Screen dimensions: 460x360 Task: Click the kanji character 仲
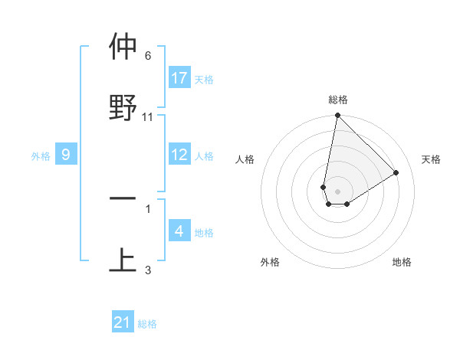tap(123, 47)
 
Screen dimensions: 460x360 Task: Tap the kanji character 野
tap(123, 106)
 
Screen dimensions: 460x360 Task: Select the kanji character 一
tap(123, 198)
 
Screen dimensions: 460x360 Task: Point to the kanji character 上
tap(123, 259)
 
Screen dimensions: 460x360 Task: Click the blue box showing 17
tap(179, 78)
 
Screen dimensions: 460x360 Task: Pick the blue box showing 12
tap(179, 155)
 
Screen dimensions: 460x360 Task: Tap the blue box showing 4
tap(179, 231)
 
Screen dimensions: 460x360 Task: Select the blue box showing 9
tap(66, 155)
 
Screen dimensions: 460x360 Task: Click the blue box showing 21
tap(123, 322)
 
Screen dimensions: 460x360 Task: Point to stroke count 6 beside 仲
tap(148, 56)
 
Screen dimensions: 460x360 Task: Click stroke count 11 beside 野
tap(148, 117)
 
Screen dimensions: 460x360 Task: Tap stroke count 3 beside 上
tap(148, 270)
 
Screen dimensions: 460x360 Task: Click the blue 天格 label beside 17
tap(204, 79)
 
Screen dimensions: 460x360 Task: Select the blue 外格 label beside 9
tap(41, 155)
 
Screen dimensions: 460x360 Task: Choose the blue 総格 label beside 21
tap(147, 324)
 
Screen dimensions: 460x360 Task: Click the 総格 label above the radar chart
tap(338, 100)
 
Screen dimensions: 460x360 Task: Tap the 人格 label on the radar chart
tap(245, 159)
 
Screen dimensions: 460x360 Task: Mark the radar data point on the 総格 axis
tap(337, 116)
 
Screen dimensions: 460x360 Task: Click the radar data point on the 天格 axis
tap(396, 172)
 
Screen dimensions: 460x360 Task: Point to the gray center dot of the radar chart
tap(337, 191)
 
